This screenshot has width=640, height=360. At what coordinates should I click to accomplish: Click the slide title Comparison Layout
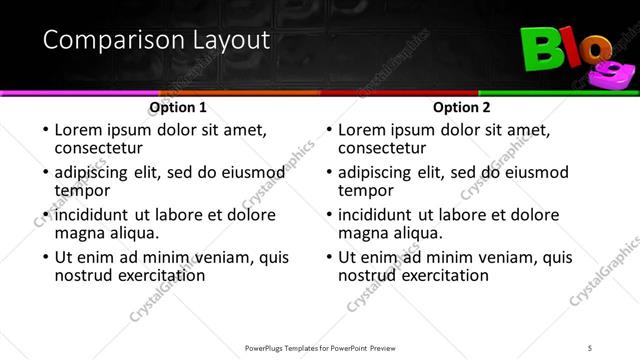(x=156, y=41)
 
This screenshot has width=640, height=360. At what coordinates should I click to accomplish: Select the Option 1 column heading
(x=178, y=107)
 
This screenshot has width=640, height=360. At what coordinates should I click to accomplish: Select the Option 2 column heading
(x=462, y=107)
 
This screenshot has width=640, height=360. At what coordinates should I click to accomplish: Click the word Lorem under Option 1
(x=80, y=130)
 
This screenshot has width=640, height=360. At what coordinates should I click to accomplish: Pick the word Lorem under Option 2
(x=364, y=130)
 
